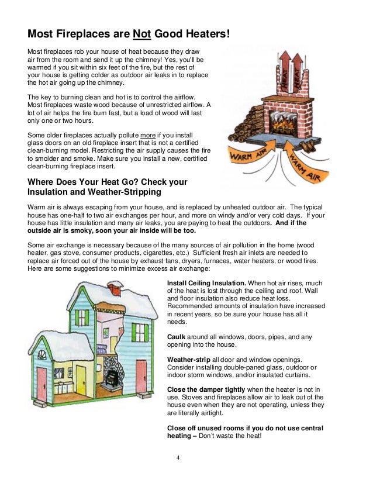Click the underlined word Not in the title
point(142,34)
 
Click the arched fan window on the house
point(42,355)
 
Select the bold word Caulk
point(177,337)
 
